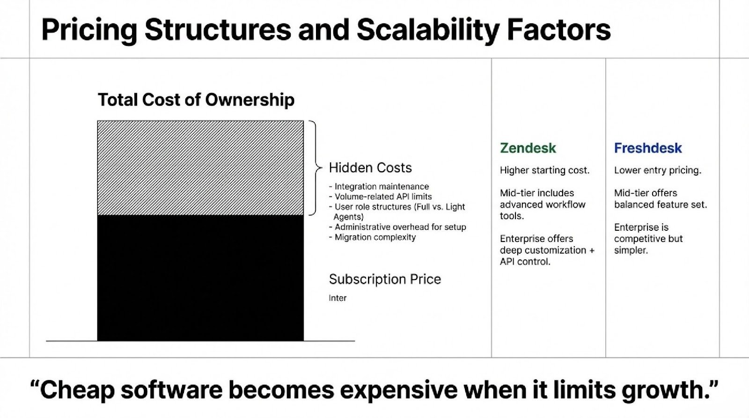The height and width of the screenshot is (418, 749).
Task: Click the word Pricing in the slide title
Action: (x=89, y=30)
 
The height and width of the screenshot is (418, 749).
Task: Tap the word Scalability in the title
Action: (x=428, y=30)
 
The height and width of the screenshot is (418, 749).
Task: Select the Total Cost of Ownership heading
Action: (x=196, y=100)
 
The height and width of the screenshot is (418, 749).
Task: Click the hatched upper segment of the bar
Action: (x=201, y=168)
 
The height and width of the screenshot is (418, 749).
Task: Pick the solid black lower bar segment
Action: (x=201, y=278)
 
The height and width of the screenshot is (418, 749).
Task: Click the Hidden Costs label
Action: (x=370, y=168)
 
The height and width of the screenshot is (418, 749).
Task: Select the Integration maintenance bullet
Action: (x=379, y=186)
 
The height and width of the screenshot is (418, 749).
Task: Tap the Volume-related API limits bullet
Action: (x=380, y=197)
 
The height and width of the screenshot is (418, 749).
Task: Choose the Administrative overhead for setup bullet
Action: (x=397, y=227)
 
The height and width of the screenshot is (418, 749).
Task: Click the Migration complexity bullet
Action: (x=372, y=237)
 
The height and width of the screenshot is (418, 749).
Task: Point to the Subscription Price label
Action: (x=385, y=279)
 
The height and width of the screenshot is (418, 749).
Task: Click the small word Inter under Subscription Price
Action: (x=338, y=298)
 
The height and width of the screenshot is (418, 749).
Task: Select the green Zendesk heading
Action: (x=528, y=148)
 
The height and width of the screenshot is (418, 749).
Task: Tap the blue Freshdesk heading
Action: (x=648, y=148)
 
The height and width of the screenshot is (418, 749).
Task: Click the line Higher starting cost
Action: (x=545, y=170)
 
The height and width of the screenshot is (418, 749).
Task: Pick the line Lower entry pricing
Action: (x=658, y=170)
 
